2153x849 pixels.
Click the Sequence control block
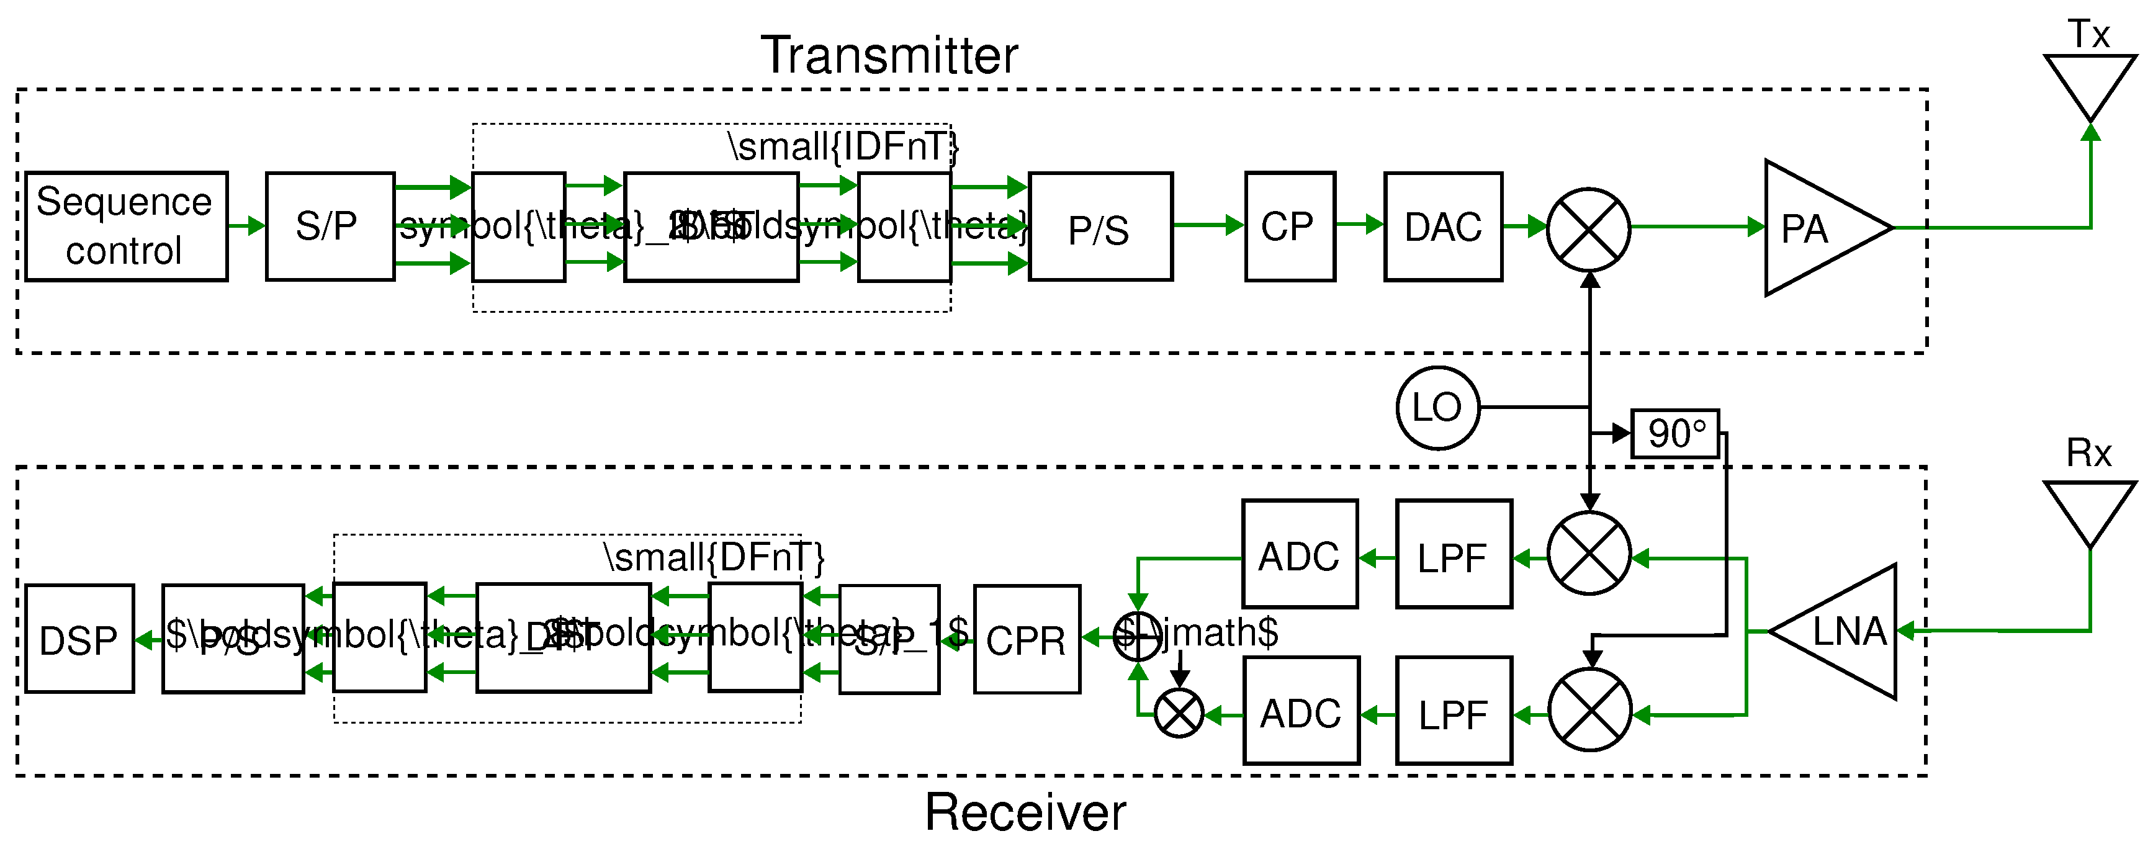(x=125, y=227)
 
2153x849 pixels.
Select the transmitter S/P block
(x=330, y=227)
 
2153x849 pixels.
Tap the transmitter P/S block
(x=1100, y=227)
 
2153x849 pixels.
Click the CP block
(x=1289, y=227)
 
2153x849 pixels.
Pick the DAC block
(x=1442, y=227)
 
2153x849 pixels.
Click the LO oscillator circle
(x=1437, y=408)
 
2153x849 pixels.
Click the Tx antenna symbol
(x=2090, y=84)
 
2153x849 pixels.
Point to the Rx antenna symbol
(x=2090, y=510)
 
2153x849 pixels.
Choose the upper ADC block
(x=1299, y=555)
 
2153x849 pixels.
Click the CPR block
(x=1027, y=640)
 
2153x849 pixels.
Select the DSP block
(x=79, y=640)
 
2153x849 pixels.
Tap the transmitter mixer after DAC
(x=1588, y=228)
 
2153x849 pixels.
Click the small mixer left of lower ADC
(x=1179, y=714)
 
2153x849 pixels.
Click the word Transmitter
(x=889, y=55)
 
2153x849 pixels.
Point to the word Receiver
(x=1025, y=812)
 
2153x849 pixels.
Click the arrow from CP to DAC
(x=1359, y=224)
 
